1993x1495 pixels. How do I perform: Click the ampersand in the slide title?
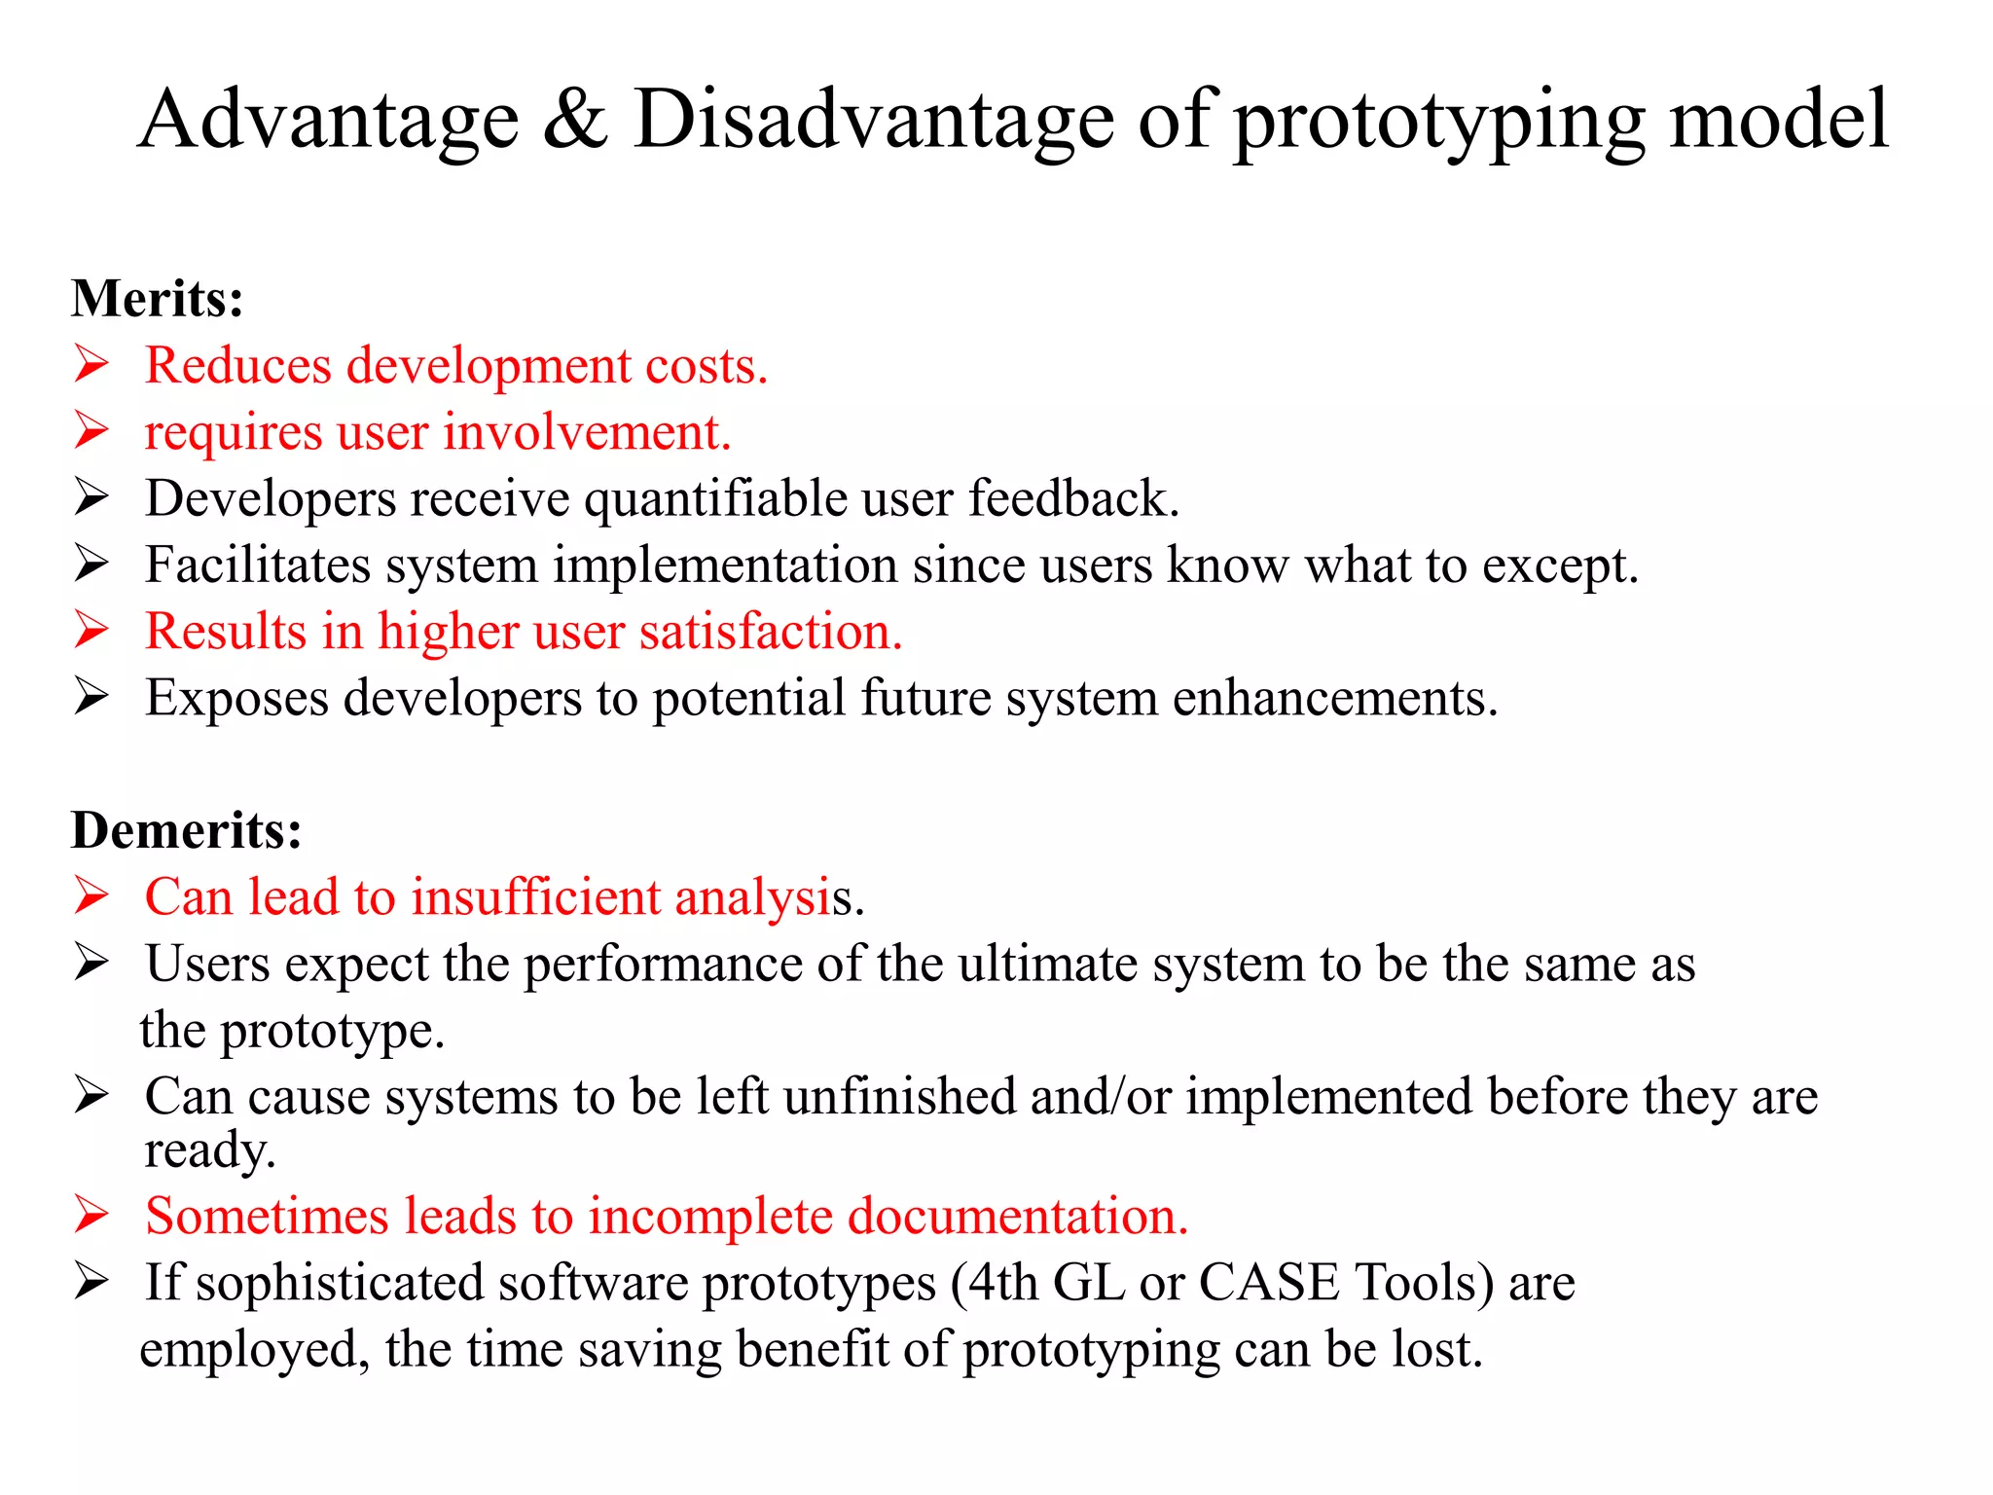point(575,121)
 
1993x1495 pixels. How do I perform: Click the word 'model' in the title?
point(1779,121)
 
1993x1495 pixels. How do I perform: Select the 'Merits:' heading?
point(157,298)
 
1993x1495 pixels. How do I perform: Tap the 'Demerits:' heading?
point(186,830)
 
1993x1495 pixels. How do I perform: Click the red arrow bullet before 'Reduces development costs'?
point(91,365)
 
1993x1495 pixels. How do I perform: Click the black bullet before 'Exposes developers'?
point(91,697)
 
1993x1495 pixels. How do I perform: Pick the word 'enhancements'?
point(1333,698)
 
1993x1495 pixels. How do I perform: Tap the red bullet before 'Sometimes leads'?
point(91,1216)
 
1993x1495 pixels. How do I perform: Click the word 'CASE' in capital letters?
point(1268,1283)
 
